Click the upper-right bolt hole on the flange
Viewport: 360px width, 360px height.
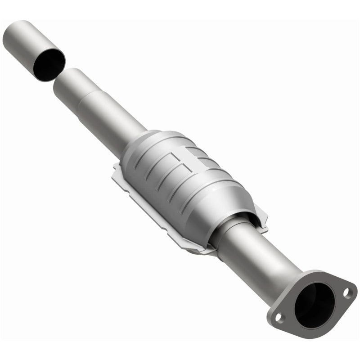tap(347, 293)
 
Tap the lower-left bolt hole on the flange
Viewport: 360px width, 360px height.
tap(279, 318)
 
